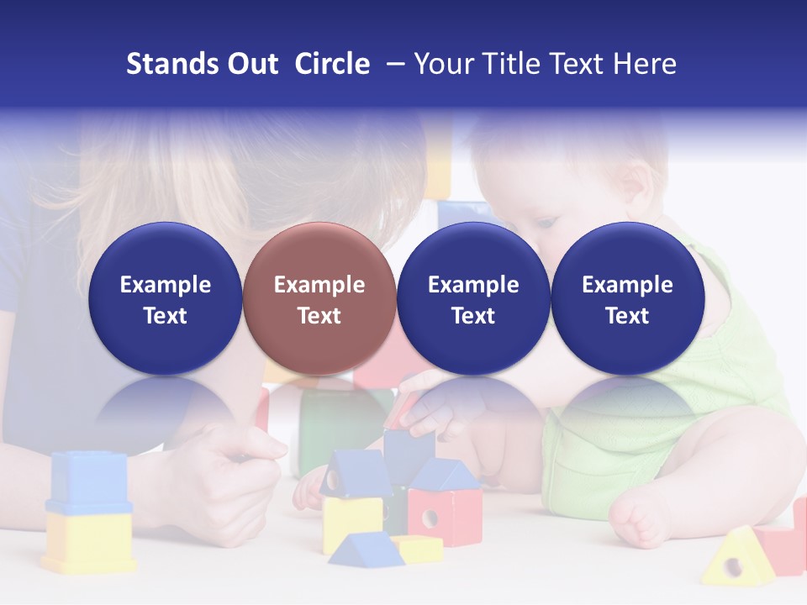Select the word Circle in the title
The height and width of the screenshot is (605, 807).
(332, 64)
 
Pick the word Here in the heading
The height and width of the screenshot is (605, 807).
(645, 64)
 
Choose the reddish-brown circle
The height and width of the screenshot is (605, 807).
(319, 298)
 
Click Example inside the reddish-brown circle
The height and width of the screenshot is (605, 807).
(319, 285)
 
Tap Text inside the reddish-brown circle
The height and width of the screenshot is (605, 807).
(319, 316)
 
